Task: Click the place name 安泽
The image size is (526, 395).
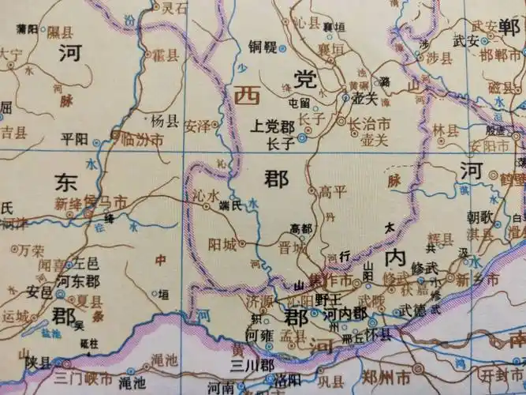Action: point(196,124)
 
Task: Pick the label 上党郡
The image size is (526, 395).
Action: point(272,125)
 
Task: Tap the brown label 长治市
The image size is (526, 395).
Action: point(370,123)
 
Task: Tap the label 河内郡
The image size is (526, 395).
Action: point(348,312)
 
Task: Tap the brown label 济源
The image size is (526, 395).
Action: point(260,301)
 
